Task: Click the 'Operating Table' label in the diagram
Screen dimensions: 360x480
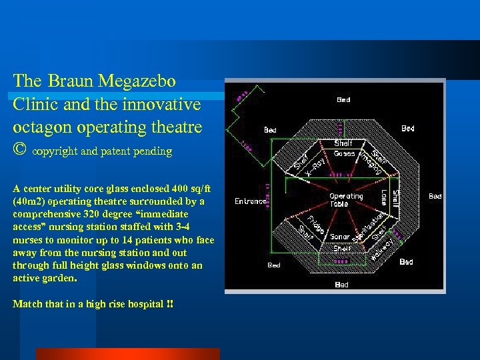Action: pos(346,200)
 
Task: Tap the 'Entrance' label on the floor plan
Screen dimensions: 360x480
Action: pos(250,201)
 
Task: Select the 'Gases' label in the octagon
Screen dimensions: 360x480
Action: pos(344,153)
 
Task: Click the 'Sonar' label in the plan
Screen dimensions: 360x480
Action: pos(340,237)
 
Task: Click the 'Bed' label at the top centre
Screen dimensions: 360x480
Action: pos(343,100)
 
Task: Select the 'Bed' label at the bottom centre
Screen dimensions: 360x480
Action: pos(341,285)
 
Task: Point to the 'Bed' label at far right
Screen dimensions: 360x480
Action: pos(435,196)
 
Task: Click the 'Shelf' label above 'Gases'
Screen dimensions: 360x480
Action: pos(343,143)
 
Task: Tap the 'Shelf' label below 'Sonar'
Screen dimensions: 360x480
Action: pos(342,248)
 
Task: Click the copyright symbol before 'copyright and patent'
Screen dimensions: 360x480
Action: pos(21,151)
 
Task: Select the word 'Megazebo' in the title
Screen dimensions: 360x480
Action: pos(137,81)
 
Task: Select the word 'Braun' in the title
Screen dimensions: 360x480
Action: pos(71,81)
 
